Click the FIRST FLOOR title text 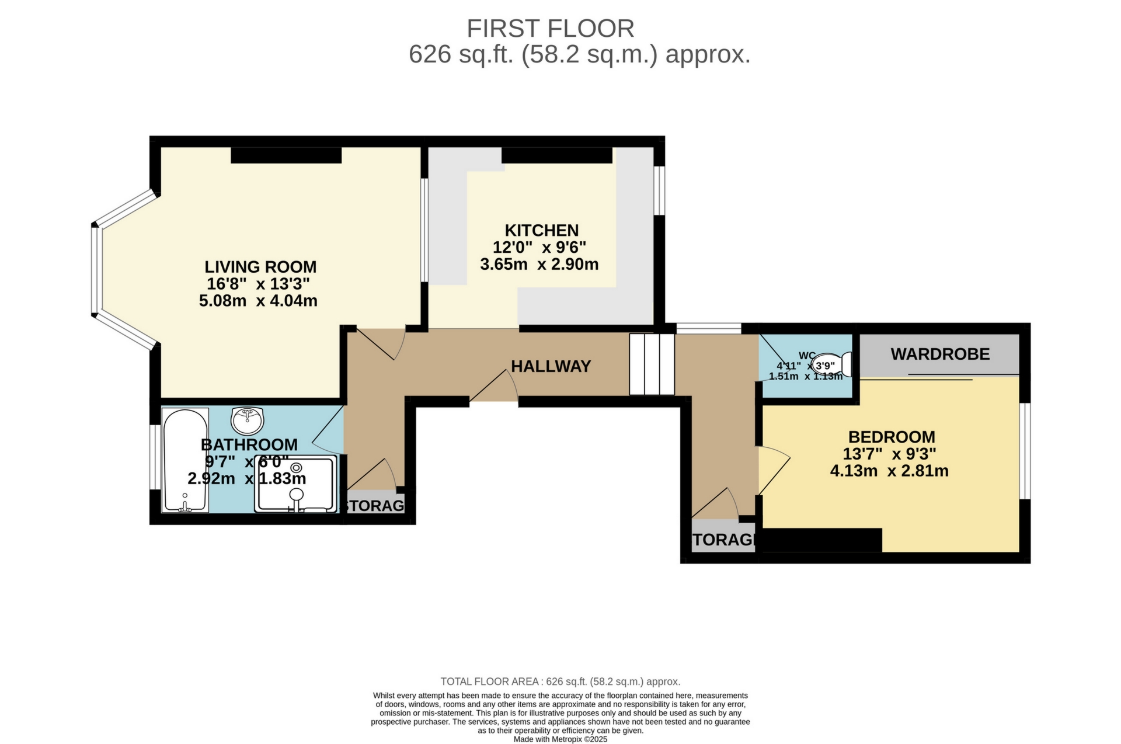(550, 29)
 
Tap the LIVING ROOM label (260, 267)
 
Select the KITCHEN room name (541, 230)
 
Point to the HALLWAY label (551, 366)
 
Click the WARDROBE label (940, 354)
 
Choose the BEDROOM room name (891, 437)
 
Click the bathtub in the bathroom (185, 460)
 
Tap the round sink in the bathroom (248, 419)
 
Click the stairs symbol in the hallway (652, 364)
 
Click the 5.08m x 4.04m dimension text (258, 301)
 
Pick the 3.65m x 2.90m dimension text (539, 265)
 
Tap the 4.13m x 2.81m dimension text (889, 471)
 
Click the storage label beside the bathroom (375, 506)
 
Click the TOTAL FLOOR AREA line (560, 682)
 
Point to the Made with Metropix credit (560, 739)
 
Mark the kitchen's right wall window (659, 191)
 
